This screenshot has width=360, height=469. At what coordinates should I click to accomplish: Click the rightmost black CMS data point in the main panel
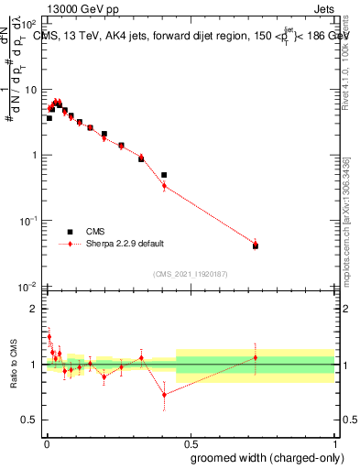[x=256, y=246]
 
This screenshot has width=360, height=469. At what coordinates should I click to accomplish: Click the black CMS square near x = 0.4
[x=164, y=175]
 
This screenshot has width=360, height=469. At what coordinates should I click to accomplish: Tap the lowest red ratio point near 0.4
[x=164, y=396]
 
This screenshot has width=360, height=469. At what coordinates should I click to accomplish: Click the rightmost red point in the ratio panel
[x=256, y=357]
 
